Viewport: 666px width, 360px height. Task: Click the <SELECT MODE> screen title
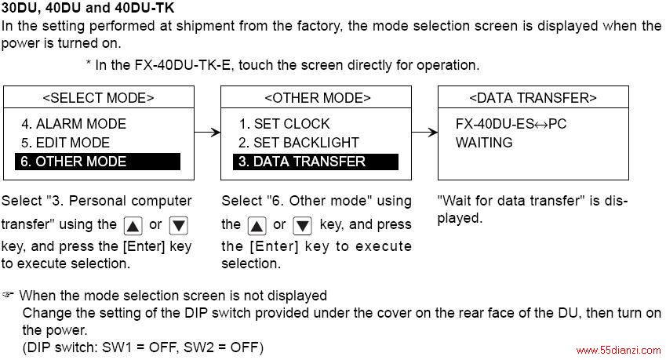98,98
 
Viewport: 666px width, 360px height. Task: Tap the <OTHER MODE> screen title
317,98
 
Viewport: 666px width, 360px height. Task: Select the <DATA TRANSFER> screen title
533,98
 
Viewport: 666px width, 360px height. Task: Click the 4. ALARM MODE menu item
74,124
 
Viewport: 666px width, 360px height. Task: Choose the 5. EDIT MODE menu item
65,143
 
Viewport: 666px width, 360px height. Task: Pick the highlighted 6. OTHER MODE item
98,162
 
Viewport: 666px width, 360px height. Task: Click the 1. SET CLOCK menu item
284,124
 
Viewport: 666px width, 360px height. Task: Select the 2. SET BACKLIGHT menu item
299,143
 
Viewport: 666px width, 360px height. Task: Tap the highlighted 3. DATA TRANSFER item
315,162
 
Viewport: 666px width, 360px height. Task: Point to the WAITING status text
484,143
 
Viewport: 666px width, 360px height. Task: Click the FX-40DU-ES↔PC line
511,124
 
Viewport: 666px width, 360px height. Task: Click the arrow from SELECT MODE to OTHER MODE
207,133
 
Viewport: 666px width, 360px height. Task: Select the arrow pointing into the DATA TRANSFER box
424,133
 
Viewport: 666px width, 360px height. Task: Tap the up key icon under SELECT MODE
133,225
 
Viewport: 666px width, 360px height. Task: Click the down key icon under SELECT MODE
178,225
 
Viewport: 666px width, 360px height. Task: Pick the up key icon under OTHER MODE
257,225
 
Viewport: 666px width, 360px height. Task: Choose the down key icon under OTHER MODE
303,225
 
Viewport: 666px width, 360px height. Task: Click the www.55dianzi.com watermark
619,351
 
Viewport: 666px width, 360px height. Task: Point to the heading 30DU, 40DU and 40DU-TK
88,8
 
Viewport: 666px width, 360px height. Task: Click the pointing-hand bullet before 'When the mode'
8,294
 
